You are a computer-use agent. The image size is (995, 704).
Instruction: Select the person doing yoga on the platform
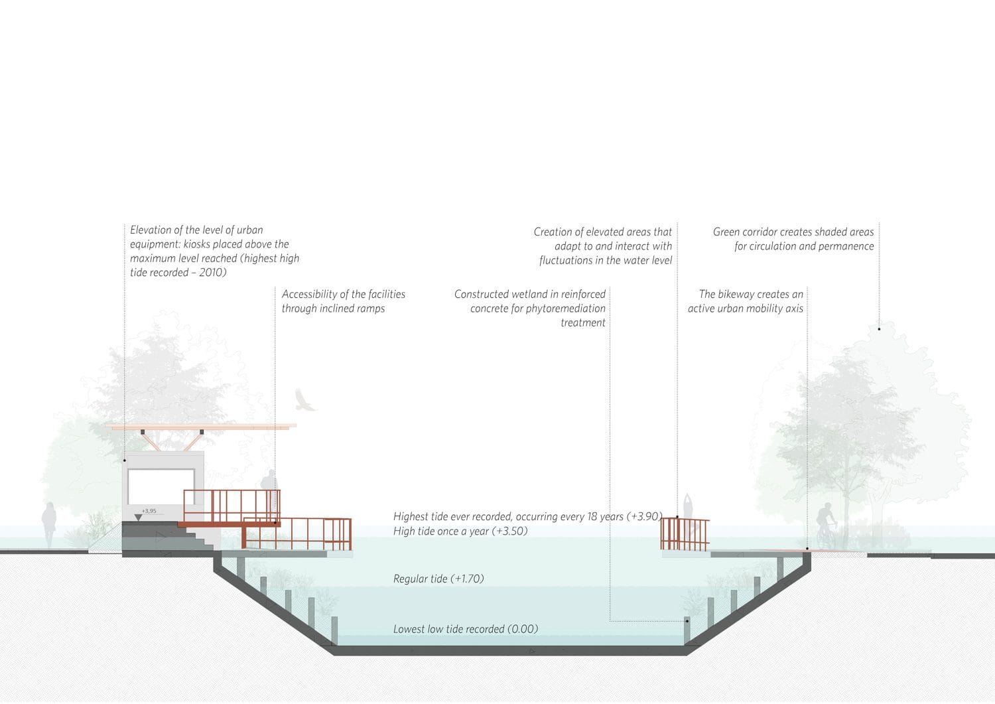point(688,516)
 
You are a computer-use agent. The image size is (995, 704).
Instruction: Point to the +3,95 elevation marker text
point(149,511)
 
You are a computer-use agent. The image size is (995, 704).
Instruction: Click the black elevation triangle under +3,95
point(138,518)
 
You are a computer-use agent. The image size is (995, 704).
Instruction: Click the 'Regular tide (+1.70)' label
point(438,579)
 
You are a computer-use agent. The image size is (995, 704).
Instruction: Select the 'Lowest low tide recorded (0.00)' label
point(466,629)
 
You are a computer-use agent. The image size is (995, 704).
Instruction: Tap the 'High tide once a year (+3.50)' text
point(460,531)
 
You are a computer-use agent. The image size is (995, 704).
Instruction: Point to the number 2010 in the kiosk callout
point(212,273)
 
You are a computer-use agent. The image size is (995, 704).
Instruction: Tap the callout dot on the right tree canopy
point(879,329)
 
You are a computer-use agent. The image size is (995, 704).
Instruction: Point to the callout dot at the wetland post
point(687,621)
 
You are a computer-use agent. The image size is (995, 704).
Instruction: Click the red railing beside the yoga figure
point(685,534)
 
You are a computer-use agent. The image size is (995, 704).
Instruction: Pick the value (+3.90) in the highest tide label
point(644,516)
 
